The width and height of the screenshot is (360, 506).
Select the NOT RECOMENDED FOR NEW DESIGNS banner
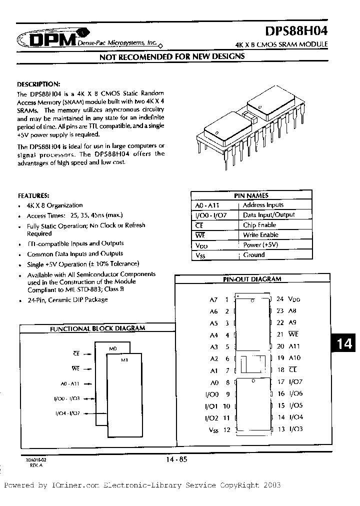click(172, 56)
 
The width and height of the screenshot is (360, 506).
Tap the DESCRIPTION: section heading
click(38, 84)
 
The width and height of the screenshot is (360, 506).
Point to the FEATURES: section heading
click(33, 195)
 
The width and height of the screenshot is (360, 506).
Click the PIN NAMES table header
click(251, 195)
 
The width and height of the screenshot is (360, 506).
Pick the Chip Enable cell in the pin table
click(260, 225)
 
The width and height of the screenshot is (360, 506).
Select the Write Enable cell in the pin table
click(260, 235)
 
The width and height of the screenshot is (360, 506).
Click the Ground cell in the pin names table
click(253, 255)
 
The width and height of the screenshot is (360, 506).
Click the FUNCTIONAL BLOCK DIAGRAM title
click(98, 328)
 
